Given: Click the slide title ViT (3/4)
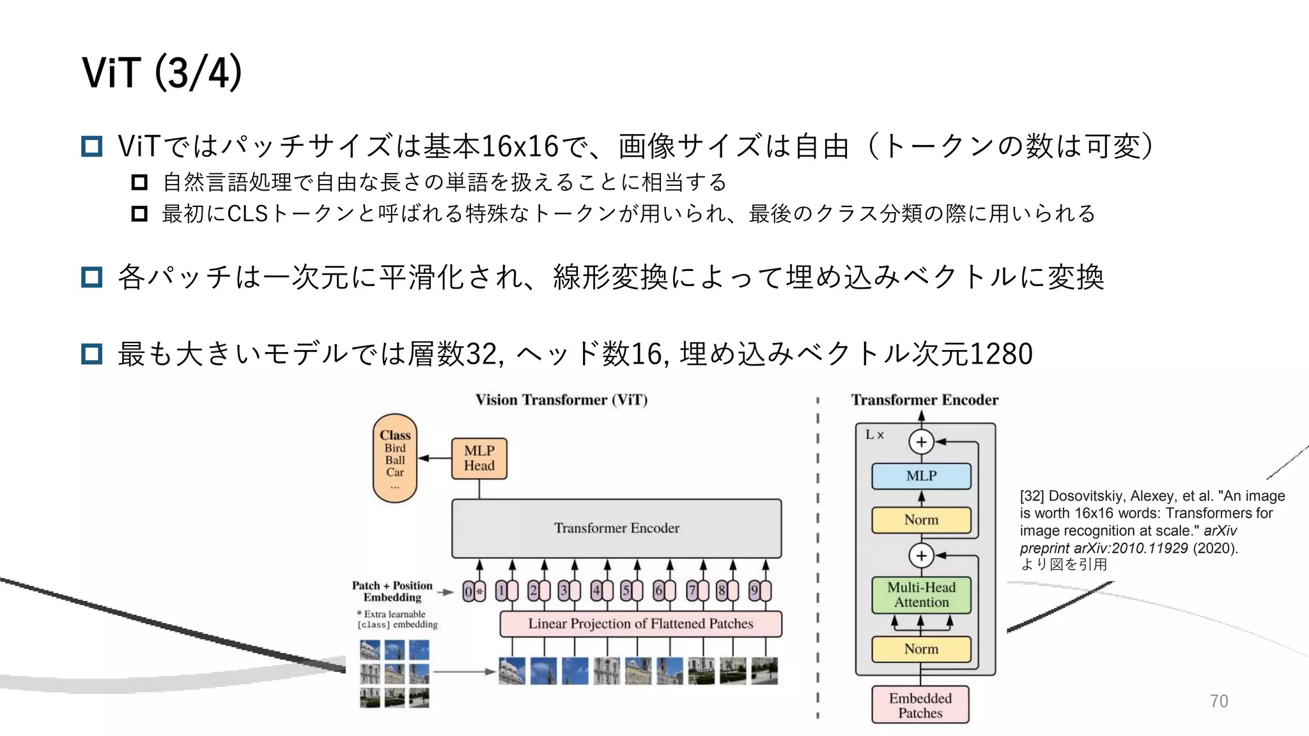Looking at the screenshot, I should pos(162,72).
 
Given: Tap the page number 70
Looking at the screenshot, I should pos(1218,701).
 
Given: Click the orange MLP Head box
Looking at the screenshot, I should pos(479,458).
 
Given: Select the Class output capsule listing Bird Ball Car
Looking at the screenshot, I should pos(395,458).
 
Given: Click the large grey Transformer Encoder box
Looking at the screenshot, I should pos(616,528).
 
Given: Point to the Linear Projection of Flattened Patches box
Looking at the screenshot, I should pos(640,624).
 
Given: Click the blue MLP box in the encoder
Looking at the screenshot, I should pos(921,476).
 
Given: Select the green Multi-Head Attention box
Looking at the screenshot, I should pos(921,595).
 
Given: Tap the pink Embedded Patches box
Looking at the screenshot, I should pos(920,705).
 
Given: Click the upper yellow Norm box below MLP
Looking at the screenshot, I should pos(921,520).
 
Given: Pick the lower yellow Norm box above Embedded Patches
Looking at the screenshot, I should pos(921,649).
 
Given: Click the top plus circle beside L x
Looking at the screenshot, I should pos(921,441).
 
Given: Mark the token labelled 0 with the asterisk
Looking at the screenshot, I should pos(474,592).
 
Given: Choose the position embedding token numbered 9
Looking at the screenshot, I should pos(760,591).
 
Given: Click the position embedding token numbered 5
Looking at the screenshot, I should pos(631,591).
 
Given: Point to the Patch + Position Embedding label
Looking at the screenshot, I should pos(392,592).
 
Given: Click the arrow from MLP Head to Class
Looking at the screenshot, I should pos(435,458).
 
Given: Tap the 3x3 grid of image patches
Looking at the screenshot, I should pos(394,674).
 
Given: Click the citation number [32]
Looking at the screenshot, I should pos(1031,496).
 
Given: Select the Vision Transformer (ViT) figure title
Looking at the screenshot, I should pos(561,400).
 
